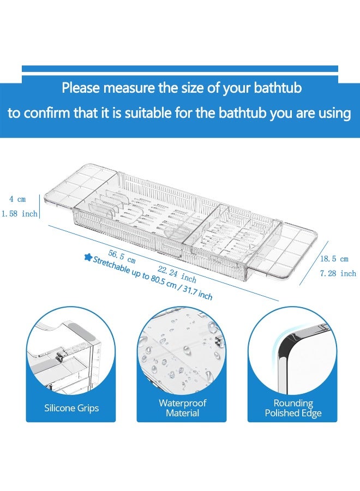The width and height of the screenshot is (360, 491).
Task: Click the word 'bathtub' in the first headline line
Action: coord(274,87)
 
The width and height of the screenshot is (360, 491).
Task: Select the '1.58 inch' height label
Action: coord(19,214)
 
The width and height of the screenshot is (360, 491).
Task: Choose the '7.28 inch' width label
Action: coord(338,273)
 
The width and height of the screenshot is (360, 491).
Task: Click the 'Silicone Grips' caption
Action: coord(71,408)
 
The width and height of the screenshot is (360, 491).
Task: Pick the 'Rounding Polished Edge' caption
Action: coord(293,408)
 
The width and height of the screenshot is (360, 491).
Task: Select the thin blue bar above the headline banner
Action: coord(180,69)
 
